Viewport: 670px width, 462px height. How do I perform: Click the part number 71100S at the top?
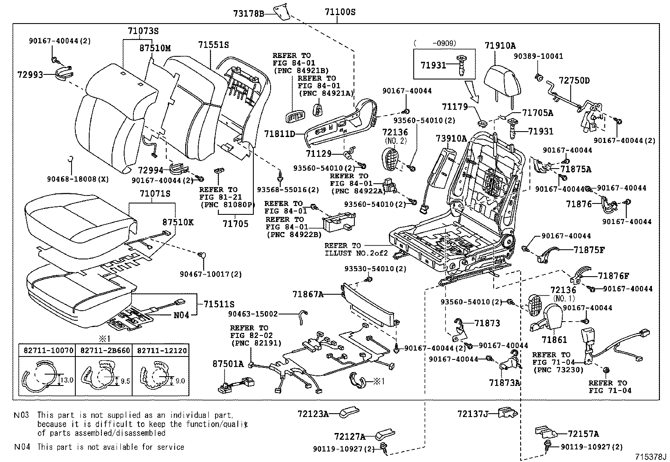[x=340, y=12]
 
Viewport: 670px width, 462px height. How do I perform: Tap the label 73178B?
[x=248, y=13]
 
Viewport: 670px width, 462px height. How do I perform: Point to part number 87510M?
[x=155, y=48]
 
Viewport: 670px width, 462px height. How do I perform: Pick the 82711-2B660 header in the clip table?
[x=104, y=350]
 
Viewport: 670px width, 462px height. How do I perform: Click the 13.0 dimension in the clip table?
[x=67, y=380]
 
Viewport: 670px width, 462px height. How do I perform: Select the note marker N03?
[x=21, y=415]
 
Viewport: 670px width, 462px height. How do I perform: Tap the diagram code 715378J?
[x=651, y=457]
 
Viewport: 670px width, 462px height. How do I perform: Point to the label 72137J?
[x=472, y=414]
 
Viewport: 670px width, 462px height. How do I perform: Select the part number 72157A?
[x=583, y=434]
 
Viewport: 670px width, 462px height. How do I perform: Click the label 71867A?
[x=308, y=295]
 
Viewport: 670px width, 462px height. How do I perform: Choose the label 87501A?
[x=228, y=364]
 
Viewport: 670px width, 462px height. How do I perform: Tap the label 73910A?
[x=451, y=138]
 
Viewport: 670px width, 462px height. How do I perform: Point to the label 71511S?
[x=219, y=304]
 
